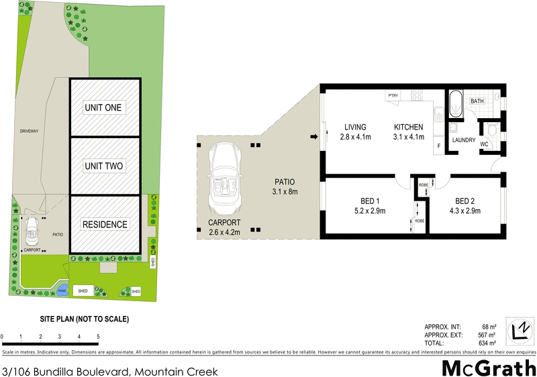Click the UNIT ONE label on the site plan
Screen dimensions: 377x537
[105, 107]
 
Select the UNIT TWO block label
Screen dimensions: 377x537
[105, 166]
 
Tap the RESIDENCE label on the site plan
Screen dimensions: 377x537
[105, 224]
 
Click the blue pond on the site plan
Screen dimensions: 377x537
[62, 290]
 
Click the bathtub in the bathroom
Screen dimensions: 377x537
[456, 103]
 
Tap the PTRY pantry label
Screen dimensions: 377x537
[393, 96]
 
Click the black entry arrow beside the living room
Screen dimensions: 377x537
[313, 138]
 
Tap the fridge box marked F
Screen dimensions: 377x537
[439, 146]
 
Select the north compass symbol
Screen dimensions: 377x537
[519, 329]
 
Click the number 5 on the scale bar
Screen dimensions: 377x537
[99, 337]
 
